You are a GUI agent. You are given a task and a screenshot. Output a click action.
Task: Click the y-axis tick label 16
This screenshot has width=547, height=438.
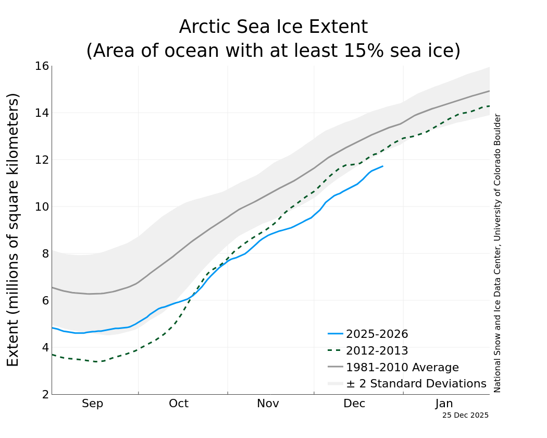coord(42,66)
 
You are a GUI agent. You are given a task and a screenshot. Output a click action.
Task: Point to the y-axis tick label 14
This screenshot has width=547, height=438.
coord(42,113)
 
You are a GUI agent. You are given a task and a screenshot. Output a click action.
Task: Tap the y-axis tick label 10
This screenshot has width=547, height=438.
coord(42,207)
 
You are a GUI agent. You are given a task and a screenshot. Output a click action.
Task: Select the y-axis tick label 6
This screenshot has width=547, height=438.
coord(45,301)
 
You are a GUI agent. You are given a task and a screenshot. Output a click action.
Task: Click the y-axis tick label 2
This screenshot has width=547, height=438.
coord(45,395)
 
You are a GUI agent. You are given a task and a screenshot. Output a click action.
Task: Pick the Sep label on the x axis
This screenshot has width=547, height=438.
coord(93,404)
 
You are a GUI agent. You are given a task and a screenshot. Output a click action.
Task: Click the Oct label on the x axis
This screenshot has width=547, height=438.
coord(179,404)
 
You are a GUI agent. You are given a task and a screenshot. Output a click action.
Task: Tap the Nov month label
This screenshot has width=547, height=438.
coord(268,404)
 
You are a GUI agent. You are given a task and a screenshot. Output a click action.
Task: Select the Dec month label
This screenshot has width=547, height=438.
coord(354,404)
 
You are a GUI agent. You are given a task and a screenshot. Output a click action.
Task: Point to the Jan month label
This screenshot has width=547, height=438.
coord(444,404)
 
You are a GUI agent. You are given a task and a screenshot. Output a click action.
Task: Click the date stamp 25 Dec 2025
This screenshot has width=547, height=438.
coord(465,416)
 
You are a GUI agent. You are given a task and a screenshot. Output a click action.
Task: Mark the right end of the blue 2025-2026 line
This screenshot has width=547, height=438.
coord(383,166)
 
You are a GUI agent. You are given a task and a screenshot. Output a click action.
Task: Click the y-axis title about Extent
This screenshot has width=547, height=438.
coord(13,229)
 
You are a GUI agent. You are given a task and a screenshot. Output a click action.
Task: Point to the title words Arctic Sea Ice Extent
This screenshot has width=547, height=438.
coord(273,27)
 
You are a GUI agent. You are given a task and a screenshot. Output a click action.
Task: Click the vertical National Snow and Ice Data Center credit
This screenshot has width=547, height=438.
coord(498,253)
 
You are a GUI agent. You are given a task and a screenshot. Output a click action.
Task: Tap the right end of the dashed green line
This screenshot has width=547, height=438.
coord(489,106)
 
